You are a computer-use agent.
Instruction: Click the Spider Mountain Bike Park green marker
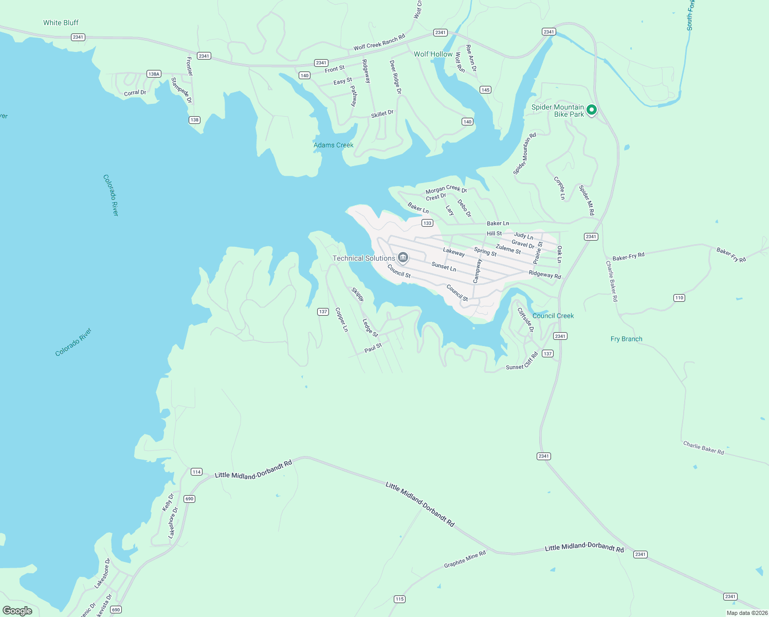point(591,110)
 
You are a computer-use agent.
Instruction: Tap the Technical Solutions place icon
point(403,258)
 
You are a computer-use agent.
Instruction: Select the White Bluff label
point(61,23)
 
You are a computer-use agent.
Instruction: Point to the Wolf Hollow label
point(433,54)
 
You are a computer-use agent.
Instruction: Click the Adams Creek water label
point(333,145)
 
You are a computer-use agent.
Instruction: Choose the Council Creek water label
point(553,316)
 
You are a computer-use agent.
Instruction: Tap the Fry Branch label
point(626,339)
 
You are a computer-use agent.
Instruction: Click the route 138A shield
point(154,74)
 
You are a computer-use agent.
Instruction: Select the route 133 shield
point(427,223)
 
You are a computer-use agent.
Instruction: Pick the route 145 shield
point(485,90)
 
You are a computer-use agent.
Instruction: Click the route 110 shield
point(679,298)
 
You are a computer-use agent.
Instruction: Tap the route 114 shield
point(196,472)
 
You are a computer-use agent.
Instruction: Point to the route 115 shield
point(399,599)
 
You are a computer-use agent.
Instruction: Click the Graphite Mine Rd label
point(465,560)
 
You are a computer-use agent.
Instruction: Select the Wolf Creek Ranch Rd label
point(379,43)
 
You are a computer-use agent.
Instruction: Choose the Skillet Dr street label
point(382,114)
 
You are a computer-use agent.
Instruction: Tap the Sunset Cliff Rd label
point(522,362)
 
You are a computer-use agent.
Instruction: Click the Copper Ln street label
point(341,320)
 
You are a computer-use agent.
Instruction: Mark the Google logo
point(17,611)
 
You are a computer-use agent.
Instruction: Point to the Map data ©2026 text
point(747,613)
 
